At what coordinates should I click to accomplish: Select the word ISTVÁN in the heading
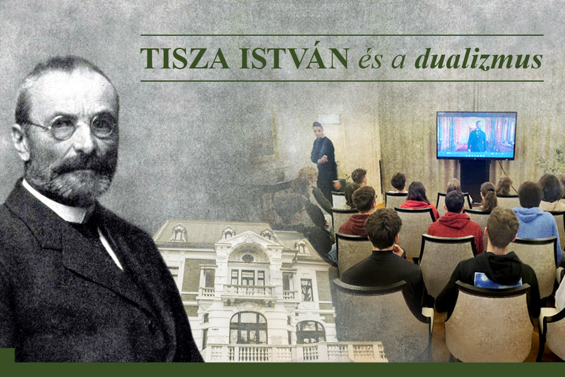click(x=293, y=58)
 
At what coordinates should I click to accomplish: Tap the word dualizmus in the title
click(x=478, y=59)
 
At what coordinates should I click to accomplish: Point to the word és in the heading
click(x=370, y=60)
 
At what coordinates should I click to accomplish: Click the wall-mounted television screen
click(x=476, y=135)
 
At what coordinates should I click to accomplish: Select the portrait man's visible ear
click(x=20, y=142)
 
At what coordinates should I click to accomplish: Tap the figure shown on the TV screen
click(x=477, y=137)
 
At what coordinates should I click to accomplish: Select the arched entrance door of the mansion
click(x=248, y=327)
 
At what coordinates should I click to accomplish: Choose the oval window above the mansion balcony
click(x=248, y=258)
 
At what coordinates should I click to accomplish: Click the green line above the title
click(x=342, y=35)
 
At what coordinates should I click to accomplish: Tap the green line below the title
click(x=342, y=81)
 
